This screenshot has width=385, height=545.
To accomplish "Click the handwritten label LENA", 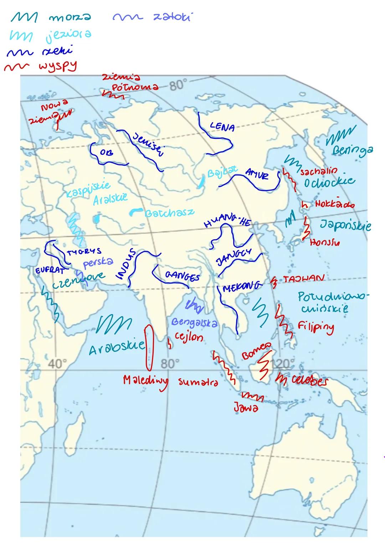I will [x=222, y=126].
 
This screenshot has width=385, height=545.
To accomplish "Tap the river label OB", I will [x=106, y=152].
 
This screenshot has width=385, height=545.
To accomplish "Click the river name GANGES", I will [x=183, y=277].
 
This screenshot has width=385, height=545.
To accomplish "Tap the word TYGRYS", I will [x=84, y=252].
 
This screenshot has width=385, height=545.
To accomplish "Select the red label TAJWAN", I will [x=304, y=278].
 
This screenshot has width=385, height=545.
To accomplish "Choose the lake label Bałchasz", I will [x=170, y=213].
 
